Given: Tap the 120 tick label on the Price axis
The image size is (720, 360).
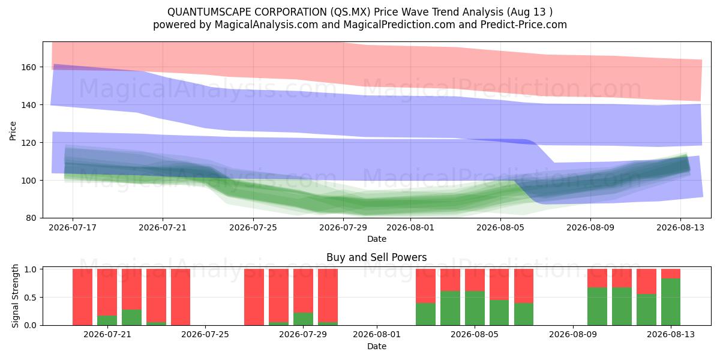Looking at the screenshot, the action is [x=28, y=142].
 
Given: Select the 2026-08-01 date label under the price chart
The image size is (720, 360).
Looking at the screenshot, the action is [x=410, y=227].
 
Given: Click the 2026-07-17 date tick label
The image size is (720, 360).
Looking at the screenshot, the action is [x=73, y=227].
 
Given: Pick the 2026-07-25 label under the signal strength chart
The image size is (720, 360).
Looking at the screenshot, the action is [x=205, y=334].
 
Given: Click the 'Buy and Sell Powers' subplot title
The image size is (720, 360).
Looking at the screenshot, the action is [x=377, y=257].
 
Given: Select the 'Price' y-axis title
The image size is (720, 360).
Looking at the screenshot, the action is [x=13, y=131].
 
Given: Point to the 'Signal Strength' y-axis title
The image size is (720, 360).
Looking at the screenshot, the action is [x=15, y=296].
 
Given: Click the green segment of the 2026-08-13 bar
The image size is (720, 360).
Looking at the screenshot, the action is [x=671, y=302].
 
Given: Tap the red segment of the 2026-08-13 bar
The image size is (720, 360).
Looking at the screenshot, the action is [x=671, y=274].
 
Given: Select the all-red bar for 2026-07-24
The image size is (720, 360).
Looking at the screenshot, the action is [x=181, y=297].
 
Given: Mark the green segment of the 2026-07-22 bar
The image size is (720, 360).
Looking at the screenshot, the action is [x=131, y=317].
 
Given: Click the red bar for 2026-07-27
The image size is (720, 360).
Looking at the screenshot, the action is [x=254, y=297].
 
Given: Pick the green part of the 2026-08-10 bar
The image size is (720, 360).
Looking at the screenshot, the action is [x=597, y=307].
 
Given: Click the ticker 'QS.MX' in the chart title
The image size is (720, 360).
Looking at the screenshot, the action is [x=350, y=12].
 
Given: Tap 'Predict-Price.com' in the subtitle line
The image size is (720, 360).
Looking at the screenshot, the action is [x=524, y=25].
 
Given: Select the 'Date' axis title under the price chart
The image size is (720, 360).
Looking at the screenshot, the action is [x=377, y=239].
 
